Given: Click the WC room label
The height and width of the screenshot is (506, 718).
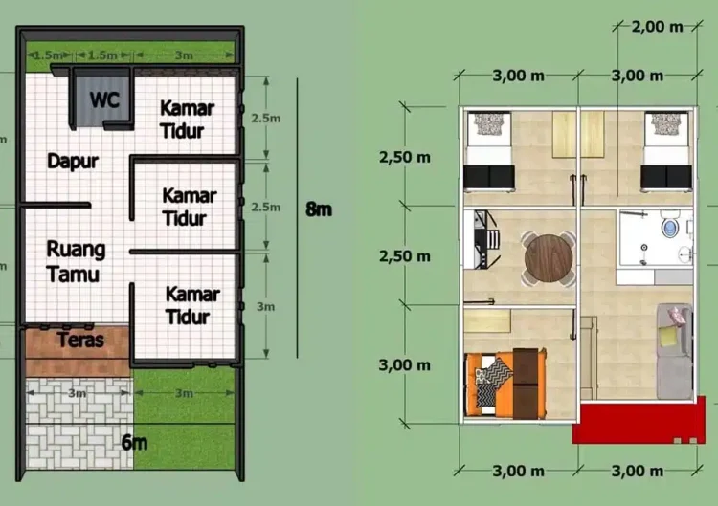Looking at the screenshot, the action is (x=105, y=99).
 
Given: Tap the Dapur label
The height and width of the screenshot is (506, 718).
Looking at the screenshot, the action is (x=73, y=161).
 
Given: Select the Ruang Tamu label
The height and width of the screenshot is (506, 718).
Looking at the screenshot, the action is (x=76, y=262).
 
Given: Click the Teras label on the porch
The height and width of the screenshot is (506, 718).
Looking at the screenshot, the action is (x=80, y=340).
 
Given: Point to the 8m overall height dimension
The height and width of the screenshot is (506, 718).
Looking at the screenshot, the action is (x=319, y=209).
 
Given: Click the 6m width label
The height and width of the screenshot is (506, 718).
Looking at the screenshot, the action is (x=134, y=443).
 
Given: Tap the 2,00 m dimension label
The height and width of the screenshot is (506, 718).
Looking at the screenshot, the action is (x=658, y=27).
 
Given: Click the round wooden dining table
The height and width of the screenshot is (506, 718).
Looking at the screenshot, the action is (x=549, y=259).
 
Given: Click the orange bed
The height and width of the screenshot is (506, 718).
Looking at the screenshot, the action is (x=505, y=384).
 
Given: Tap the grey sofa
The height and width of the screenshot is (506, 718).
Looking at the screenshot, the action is (x=675, y=351).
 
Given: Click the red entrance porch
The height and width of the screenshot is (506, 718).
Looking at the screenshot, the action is (x=639, y=423).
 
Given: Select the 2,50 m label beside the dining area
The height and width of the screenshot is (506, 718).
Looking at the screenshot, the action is (x=405, y=256).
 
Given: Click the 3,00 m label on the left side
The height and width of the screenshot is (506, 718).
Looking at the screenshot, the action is (x=405, y=365).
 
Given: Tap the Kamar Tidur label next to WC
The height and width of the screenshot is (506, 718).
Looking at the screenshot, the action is (x=188, y=120).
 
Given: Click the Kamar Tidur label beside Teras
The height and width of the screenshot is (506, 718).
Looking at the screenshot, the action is (x=192, y=305).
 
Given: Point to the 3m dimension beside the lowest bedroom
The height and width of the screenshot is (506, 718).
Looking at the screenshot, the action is (x=265, y=306).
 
